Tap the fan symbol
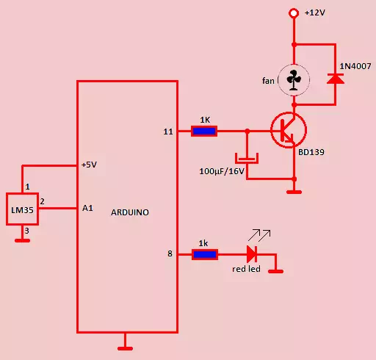pyautogui.click(x=294, y=80)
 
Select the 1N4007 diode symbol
pyautogui.click(x=336, y=79)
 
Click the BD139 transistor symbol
pyautogui.click(x=289, y=130)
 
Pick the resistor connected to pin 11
pyautogui.click(x=204, y=131)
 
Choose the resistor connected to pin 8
pyautogui.click(x=205, y=254)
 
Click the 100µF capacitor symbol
pyautogui.click(x=247, y=158)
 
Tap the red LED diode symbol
pyautogui.click(x=252, y=254)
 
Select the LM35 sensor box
pyautogui.click(x=22, y=209)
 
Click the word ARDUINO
pyautogui.click(x=130, y=212)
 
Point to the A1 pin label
pyautogui.click(x=87, y=208)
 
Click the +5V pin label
pyautogui.click(x=89, y=165)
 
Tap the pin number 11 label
pyautogui.click(x=168, y=132)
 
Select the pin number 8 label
pyautogui.click(x=170, y=253)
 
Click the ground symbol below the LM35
pyautogui.click(x=22, y=240)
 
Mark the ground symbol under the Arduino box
pyautogui.click(x=125, y=348)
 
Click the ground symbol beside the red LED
pyautogui.click(x=275, y=271)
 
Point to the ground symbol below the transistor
pyautogui.click(x=294, y=192)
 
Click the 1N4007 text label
pyautogui.click(x=355, y=66)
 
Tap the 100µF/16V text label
pyautogui.click(x=222, y=171)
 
